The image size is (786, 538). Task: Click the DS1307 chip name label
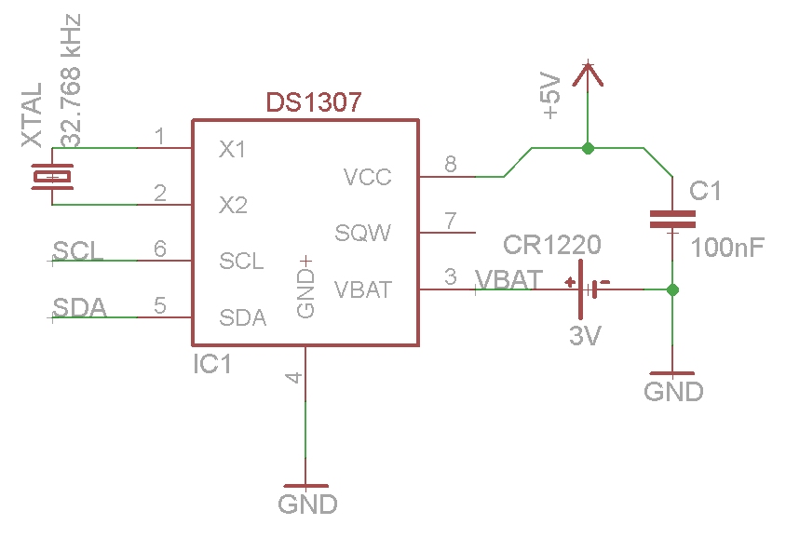[x=314, y=102]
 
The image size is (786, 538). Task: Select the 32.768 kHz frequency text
[x=72, y=80]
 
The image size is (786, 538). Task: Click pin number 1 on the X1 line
[x=160, y=138]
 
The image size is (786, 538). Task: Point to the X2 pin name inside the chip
[x=233, y=205]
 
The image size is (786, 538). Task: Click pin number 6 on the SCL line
[x=160, y=249]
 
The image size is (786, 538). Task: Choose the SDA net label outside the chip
[x=78, y=308]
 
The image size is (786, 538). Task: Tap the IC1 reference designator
[x=211, y=364]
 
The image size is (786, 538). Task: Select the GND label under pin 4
[x=306, y=504]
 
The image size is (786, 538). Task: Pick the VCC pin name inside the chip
[x=367, y=177]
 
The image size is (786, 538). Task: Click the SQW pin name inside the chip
[x=363, y=233]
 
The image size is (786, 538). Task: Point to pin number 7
[x=451, y=221]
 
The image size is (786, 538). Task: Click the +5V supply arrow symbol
[x=587, y=76]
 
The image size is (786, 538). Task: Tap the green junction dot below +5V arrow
[x=587, y=148]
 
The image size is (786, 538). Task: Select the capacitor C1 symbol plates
[x=672, y=220]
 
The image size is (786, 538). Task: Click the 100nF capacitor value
[x=728, y=248]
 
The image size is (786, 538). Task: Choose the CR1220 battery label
[x=552, y=246]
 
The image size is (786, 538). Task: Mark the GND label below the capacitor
[x=673, y=392]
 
